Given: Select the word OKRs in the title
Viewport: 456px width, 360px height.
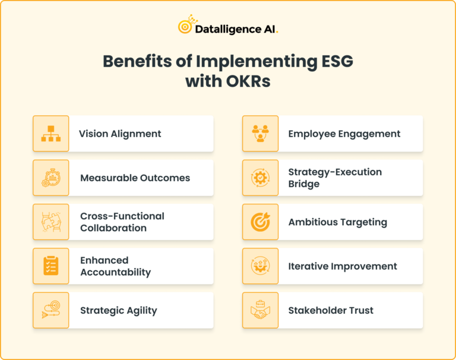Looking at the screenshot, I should tap(248, 81).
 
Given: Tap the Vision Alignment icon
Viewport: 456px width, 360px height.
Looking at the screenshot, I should tap(51, 134).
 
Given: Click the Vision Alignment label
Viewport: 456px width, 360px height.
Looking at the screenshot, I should tap(120, 134).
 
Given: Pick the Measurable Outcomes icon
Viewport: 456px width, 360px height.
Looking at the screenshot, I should tap(51, 178).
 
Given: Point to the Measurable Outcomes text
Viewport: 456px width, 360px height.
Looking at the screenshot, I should tap(135, 178).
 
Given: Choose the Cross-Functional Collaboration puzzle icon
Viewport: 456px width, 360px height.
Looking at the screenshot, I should tap(51, 222).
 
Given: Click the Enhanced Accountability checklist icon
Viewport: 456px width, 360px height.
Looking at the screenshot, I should tap(51, 266).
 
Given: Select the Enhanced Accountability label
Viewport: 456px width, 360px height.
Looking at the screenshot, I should tap(115, 266).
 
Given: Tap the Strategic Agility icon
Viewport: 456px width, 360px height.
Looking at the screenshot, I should tap(51, 310).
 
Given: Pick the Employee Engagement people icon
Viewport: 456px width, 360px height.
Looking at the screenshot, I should tap(260, 134).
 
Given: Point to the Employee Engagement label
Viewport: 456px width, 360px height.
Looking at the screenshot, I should tap(344, 134).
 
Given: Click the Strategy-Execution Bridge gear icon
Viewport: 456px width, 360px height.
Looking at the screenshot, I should tap(260, 178).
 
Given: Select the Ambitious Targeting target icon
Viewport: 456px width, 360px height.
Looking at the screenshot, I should tap(260, 222).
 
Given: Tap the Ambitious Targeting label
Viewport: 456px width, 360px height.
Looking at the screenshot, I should tap(337, 222).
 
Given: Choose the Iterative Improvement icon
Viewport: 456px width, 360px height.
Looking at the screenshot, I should tap(260, 266).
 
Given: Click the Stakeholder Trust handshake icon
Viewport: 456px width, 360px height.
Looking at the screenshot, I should tap(260, 310).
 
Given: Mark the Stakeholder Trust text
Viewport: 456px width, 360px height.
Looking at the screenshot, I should tap(331, 310).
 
